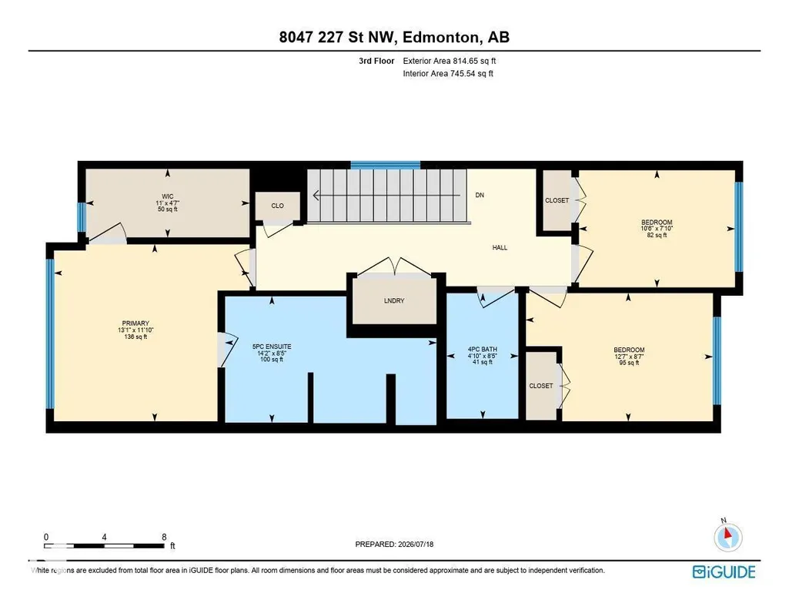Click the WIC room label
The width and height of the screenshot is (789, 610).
(168, 197)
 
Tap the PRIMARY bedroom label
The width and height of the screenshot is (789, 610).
(135, 323)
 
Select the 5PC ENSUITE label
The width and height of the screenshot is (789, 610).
(272, 347)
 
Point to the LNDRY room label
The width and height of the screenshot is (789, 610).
(394, 301)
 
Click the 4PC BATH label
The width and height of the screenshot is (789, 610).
(483, 350)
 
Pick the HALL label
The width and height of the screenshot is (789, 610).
(500, 248)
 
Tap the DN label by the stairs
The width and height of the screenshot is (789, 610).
(480, 196)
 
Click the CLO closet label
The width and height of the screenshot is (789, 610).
(277, 206)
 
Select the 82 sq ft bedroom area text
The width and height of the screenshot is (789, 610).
(657, 235)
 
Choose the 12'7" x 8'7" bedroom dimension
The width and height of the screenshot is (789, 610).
(628, 357)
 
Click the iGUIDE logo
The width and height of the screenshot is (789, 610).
(724, 572)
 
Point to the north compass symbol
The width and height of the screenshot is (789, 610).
(727, 537)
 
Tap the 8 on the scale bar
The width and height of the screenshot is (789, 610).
(164, 537)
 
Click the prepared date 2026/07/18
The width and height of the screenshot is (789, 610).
(416, 544)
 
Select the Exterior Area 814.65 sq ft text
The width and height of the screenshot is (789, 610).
(450, 61)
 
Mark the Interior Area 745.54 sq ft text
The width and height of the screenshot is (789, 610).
(448, 73)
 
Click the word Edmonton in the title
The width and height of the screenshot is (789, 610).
(440, 37)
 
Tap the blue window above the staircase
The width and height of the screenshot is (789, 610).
(385, 165)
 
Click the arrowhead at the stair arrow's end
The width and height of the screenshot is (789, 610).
(316, 196)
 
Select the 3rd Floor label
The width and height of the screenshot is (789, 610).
(376, 61)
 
